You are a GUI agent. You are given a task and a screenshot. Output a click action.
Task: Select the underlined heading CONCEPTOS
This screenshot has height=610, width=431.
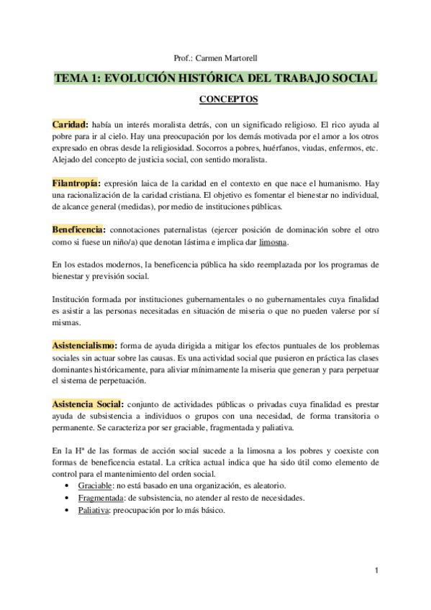[x=216, y=98]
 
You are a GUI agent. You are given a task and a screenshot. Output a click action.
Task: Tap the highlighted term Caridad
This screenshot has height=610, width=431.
[x=70, y=125]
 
